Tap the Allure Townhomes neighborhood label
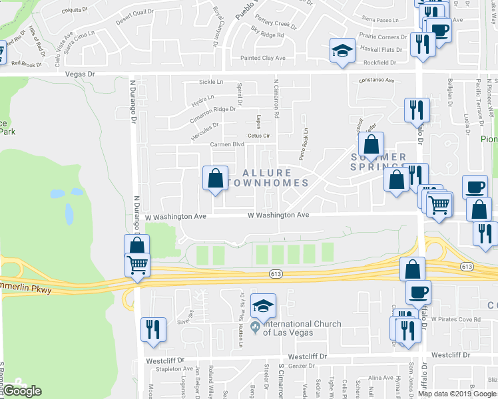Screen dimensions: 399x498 pyautogui.click(x=268, y=178)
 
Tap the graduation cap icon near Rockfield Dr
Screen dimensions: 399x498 pyautogui.click(x=342, y=51)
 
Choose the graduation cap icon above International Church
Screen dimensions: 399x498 pyautogui.click(x=264, y=306)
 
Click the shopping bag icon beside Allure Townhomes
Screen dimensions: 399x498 pyautogui.click(x=215, y=178)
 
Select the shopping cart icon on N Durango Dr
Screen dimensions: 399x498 pyautogui.click(x=137, y=266)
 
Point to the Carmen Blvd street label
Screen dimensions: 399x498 pyautogui.click(x=227, y=144)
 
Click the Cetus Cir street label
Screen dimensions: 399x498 pyautogui.click(x=258, y=136)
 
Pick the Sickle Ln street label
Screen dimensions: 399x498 pyautogui.click(x=211, y=82)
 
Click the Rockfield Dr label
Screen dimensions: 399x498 pyautogui.click(x=379, y=63)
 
